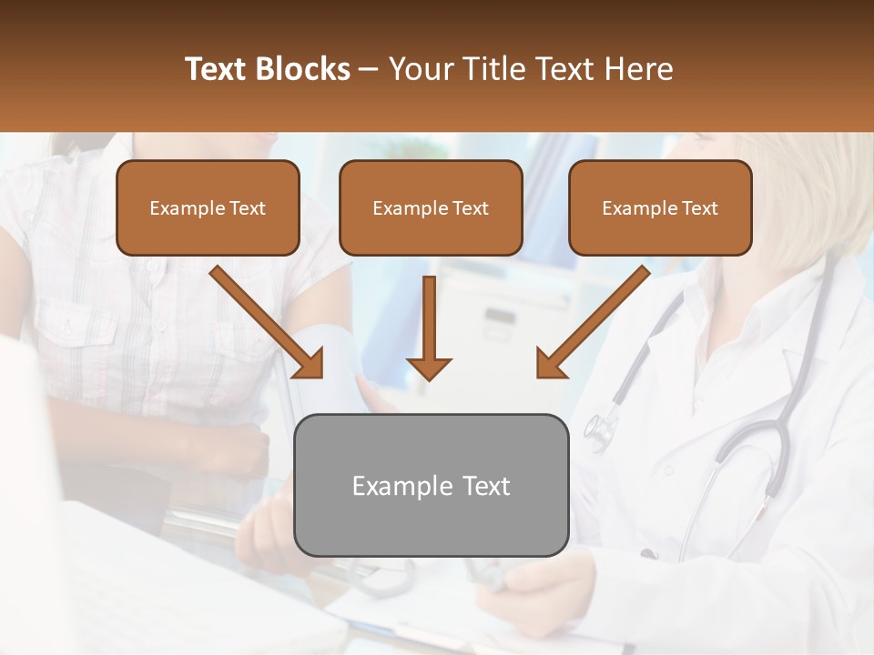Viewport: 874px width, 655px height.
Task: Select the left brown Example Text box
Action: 208,208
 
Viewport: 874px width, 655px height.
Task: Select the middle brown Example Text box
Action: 431,208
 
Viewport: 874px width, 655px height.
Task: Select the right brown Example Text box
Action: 660,208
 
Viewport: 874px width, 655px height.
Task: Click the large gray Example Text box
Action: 431,485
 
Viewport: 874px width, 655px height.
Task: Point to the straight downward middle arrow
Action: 429,323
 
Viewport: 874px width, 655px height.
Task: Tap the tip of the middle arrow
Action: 429,376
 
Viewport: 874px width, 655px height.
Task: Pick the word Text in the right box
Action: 700,208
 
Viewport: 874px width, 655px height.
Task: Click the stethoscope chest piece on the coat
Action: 598,429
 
